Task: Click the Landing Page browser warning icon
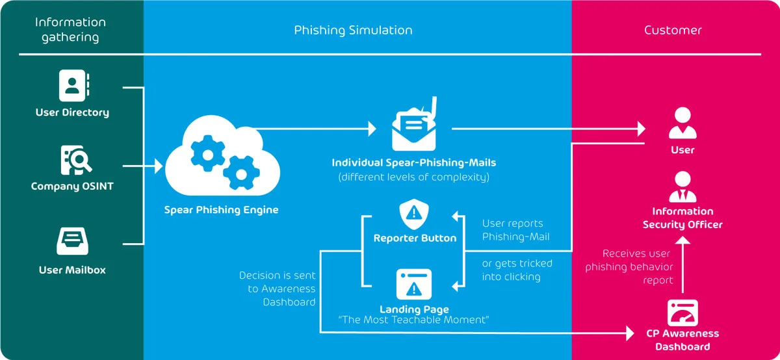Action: [x=414, y=284]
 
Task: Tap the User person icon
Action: [x=682, y=123]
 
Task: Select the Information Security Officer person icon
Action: [x=682, y=187]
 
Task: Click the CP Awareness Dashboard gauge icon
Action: [x=682, y=313]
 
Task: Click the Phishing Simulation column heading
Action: [x=353, y=30]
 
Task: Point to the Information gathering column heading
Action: [x=71, y=30]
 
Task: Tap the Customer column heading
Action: [x=673, y=30]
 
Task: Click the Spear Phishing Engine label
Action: [x=221, y=210]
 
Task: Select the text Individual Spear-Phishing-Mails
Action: [x=414, y=162]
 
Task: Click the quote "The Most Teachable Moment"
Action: [x=414, y=320]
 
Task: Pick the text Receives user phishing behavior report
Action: [x=629, y=267]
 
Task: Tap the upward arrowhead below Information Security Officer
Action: [x=682, y=241]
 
